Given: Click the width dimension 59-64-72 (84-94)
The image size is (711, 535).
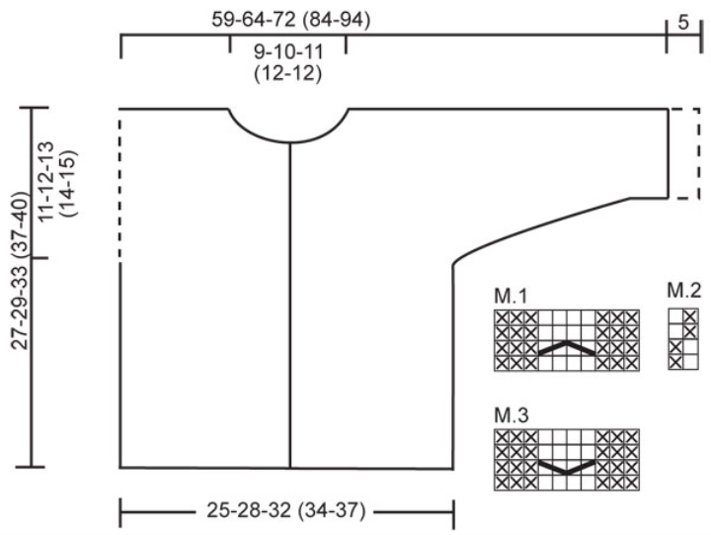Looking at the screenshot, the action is tap(290, 20).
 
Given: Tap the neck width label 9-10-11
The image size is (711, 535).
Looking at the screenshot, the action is tap(288, 51).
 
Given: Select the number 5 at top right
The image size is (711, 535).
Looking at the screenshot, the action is tap(683, 23).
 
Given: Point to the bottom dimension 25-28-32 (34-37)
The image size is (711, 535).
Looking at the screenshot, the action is tap(286, 510).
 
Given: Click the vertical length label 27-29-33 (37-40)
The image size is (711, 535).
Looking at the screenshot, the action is tap(20, 270).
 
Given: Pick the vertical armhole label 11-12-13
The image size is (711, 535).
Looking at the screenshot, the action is tap(46, 182).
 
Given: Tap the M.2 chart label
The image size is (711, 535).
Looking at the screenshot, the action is tap(683, 290).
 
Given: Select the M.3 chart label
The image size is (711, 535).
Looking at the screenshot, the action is tap(512, 415).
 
